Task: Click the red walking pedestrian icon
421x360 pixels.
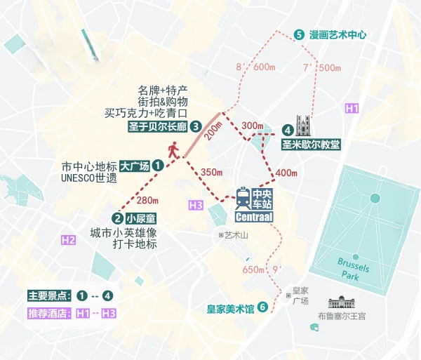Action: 173,149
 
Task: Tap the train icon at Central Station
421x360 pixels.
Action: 242,199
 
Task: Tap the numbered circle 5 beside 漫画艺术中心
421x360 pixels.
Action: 299,34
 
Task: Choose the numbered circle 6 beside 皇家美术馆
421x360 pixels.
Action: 262,307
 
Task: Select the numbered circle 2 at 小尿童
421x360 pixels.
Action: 116,218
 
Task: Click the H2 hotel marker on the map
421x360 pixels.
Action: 68,240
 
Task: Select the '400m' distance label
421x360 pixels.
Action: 286,173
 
